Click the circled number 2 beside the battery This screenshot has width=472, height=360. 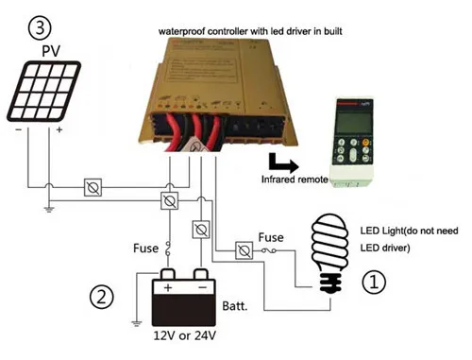point(100,296)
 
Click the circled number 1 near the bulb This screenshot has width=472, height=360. point(375,281)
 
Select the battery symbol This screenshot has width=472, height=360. point(184,302)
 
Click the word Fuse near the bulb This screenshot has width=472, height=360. point(270,237)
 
